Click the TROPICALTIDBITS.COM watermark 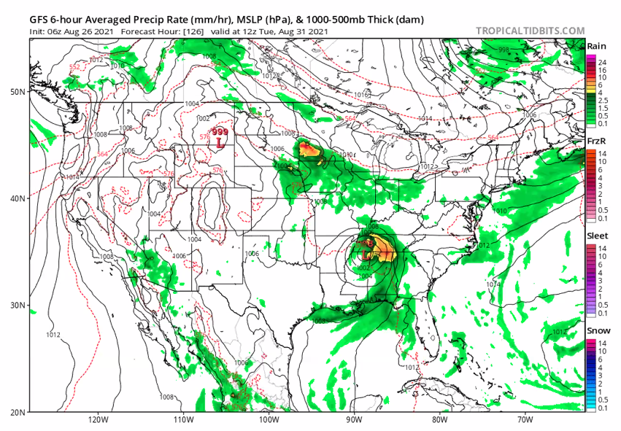[x=530, y=31]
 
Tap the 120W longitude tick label [x=98, y=419]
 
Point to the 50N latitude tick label [x=18, y=91]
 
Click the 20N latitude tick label [x=18, y=412]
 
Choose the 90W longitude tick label [x=353, y=419]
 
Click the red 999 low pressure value [x=219, y=131]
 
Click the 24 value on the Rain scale [x=603, y=63]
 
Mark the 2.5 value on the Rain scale [x=603, y=100]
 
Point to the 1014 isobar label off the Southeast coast [x=494, y=284]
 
